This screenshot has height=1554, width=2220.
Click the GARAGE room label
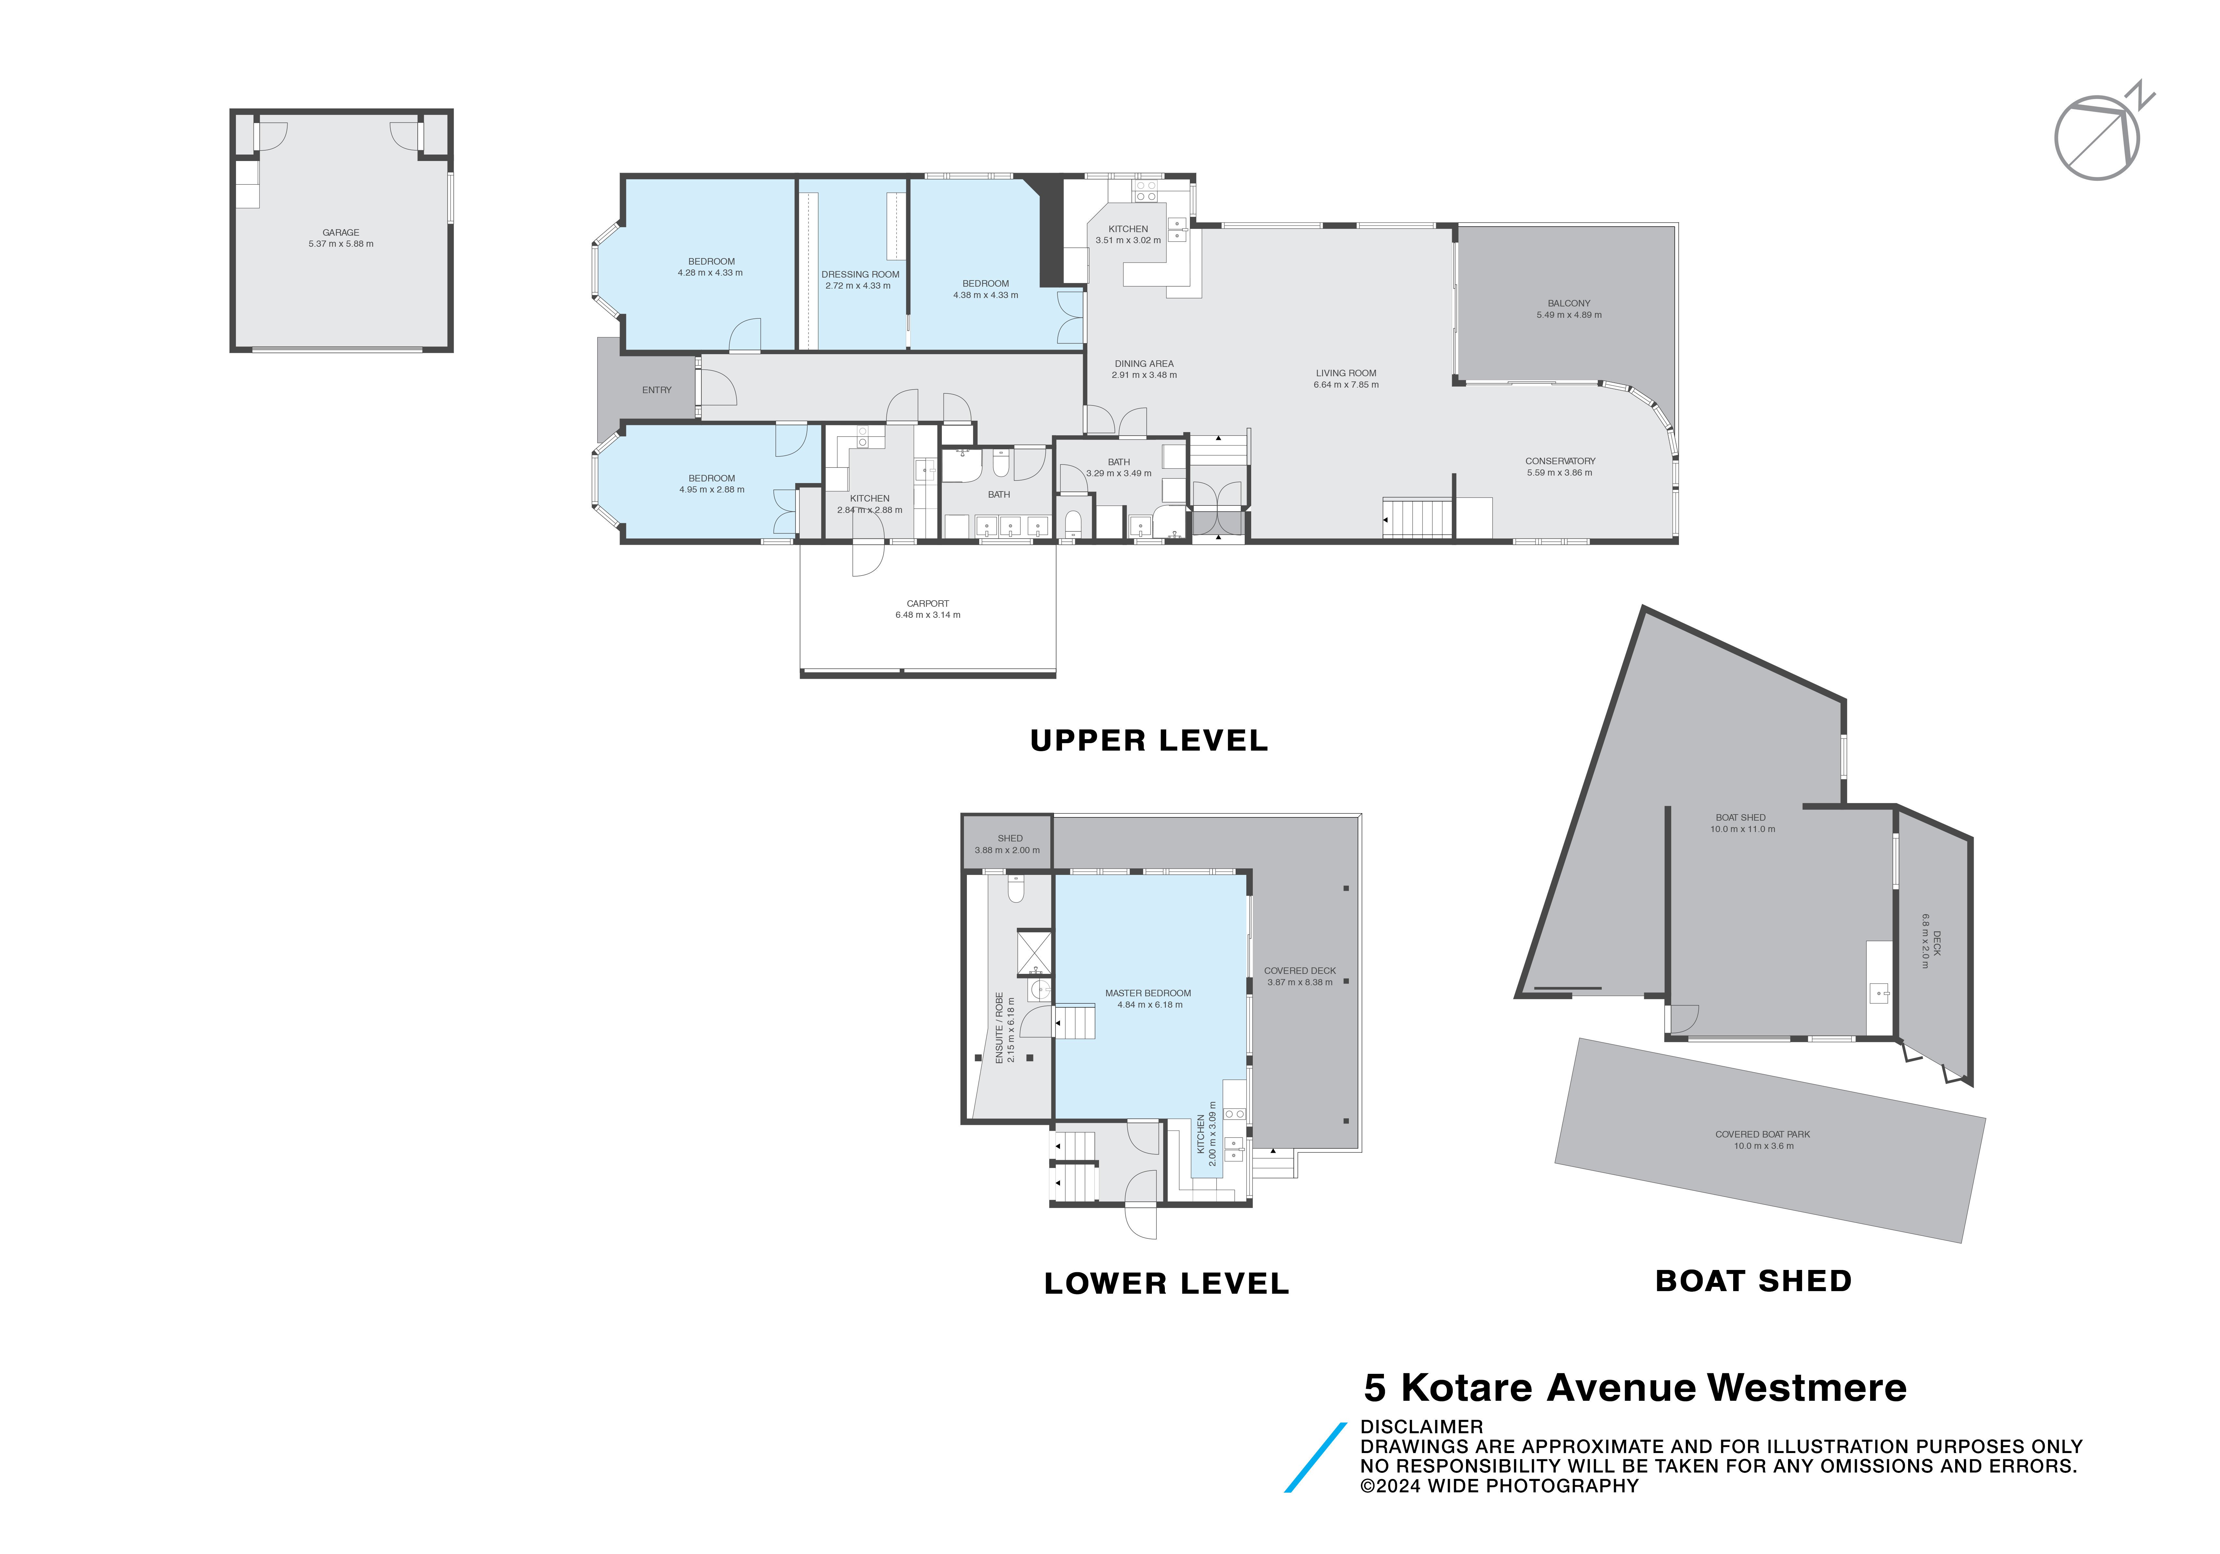(x=340, y=232)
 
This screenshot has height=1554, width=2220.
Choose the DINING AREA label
(x=1144, y=364)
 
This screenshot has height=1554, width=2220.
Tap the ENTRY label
(x=657, y=390)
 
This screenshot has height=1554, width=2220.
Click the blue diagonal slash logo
(x=1315, y=1457)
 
